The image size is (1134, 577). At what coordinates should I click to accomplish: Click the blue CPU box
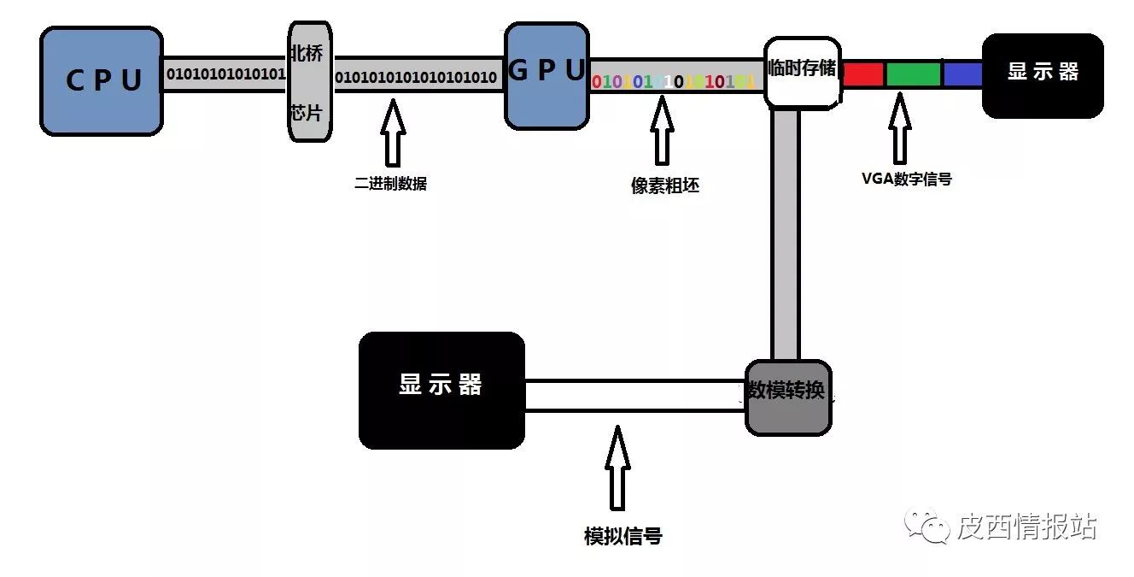click(x=102, y=81)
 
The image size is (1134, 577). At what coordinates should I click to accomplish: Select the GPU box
click(x=547, y=75)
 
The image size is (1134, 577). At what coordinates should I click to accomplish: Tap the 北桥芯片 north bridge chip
click(x=308, y=83)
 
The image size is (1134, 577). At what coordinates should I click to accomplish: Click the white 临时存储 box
click(x=801, y=72)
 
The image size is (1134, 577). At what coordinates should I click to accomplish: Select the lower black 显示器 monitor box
click(x=441, y=390)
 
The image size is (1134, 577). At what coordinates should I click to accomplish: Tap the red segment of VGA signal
click(x=862, y=74)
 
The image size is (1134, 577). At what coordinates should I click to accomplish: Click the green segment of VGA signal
click(x=913, y=74)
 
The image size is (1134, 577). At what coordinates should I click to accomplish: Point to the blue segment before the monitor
click(x=962, y=74)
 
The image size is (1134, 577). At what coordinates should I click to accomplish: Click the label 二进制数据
click(x=390, y=182)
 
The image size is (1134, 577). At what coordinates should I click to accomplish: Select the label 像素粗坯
click(x=664, y=186)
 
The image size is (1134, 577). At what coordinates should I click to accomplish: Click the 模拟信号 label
click(x=623, y=536)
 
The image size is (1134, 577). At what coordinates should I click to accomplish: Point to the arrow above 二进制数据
click(x=392, y=132)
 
